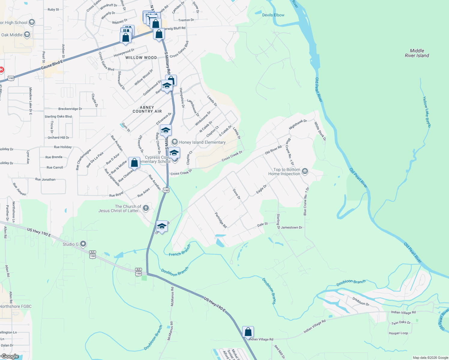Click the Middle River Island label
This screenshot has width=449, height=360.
[x=417, y=53]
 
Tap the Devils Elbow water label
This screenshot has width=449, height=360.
[x=273, y=15]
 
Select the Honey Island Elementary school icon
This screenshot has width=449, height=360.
[x=174, y=142]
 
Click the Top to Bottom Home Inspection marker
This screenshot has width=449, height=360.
[x=305, y=171]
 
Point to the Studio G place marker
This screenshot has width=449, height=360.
[x=83, y=244]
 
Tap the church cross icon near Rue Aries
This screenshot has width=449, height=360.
[x=146, y=208]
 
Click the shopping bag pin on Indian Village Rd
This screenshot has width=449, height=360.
[x=248, y=332]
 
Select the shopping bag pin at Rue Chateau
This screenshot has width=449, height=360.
[x=134, y=163]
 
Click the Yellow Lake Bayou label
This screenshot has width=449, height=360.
[x=426, y=112]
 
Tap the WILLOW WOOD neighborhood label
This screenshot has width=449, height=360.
[x=141, y=58]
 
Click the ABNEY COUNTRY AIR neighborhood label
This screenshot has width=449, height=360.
[x=147, y=109]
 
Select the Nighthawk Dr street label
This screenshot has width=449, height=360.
[x=298, y=124]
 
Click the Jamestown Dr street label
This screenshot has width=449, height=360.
[x=291, y=227]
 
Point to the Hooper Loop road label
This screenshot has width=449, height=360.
[x=398, y=333]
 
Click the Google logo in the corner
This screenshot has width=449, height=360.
[x=10, y=356]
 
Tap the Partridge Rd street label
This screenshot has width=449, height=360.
[x=221, y=220]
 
